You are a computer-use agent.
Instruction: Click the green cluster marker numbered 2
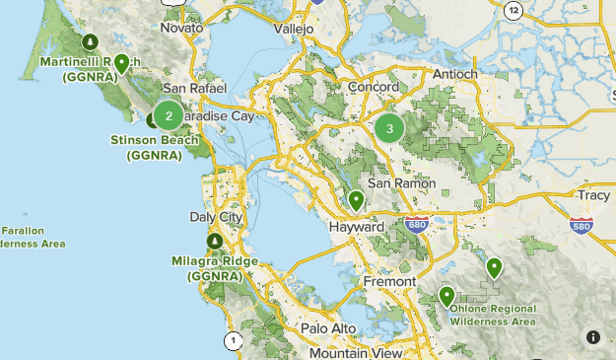click(x=169, y=116)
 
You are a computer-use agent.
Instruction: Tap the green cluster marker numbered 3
click(x=389, y=127)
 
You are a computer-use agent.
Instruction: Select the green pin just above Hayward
click(x=357, y=201)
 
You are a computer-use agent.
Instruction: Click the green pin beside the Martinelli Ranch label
click(x=121, y=64)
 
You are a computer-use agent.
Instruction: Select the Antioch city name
click(x=454, y=74)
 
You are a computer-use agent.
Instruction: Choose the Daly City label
click(x=215, y=216)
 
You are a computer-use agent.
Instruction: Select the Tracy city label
click(x=593, y=195)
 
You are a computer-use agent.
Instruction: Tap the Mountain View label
click(x=355, y=352)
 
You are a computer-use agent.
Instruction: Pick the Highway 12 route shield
click(x=513, y=10)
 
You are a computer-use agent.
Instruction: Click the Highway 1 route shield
click(x=233, y=341)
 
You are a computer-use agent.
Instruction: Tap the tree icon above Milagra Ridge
click(x=214, y=241)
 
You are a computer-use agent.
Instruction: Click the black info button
click(x=593, y=336)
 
